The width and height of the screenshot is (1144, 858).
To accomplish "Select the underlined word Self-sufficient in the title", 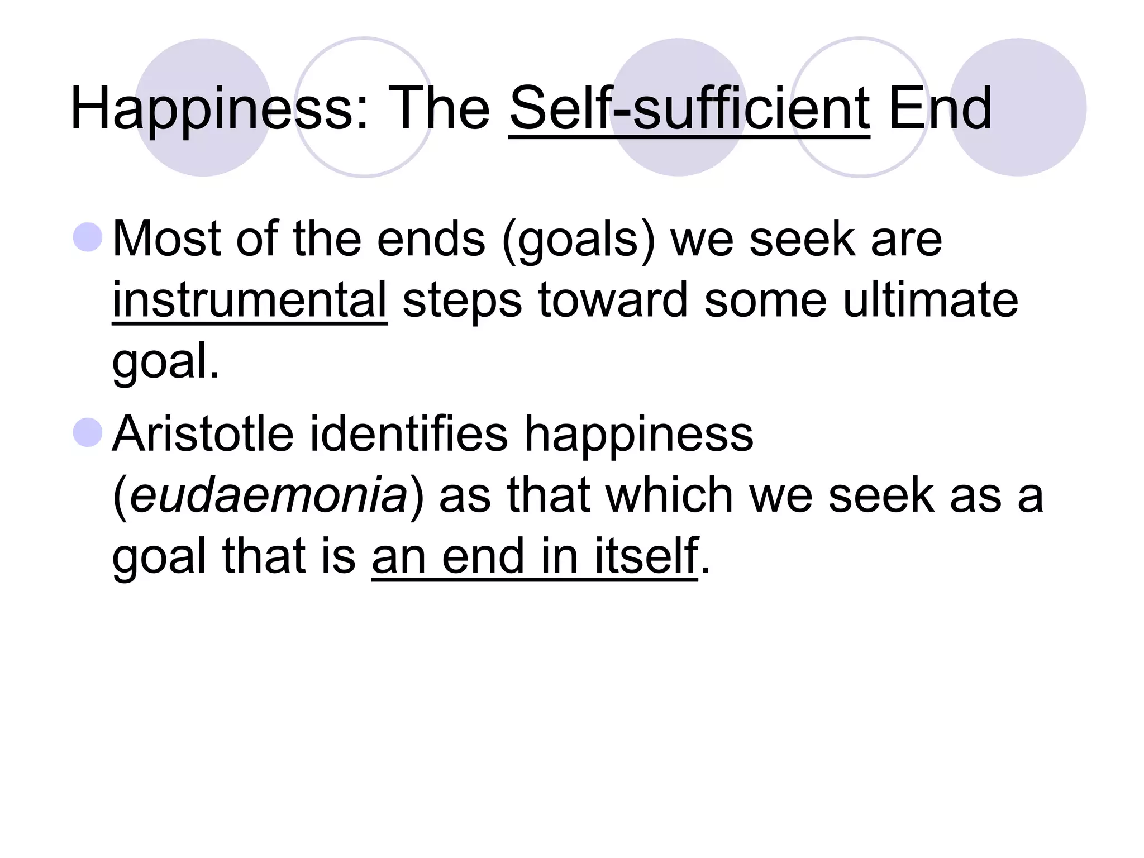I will [689, 109].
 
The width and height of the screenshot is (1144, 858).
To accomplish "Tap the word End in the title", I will [940, 109].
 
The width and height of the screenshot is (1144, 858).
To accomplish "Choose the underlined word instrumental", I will [250, 300].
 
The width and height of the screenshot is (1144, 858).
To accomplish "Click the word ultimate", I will [931, 300].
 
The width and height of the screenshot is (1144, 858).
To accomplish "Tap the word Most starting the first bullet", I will [168, 239].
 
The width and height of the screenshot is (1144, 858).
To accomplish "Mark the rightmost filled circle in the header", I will [1018, 107].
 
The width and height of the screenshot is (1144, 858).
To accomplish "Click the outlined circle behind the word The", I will [364, 107].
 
